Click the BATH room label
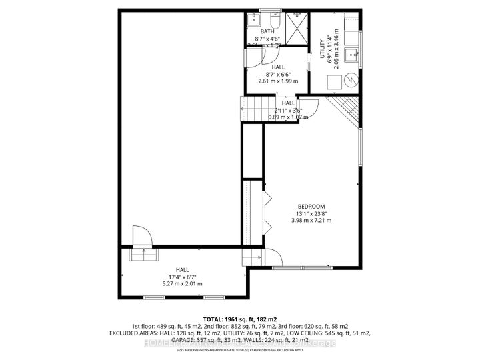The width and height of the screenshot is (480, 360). point(268,31)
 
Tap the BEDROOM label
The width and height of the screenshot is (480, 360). point(311,206)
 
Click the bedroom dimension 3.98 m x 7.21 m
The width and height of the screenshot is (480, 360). point(311,220)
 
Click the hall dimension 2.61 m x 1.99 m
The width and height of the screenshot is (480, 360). point(277,81)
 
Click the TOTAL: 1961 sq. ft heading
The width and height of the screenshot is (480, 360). point(239,319)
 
